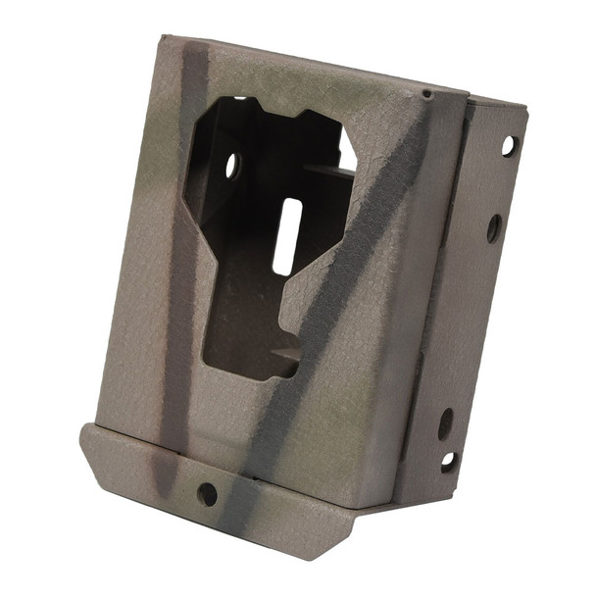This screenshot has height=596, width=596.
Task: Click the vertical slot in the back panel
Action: point(283,235)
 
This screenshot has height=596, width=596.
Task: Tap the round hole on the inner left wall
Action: point(232,166)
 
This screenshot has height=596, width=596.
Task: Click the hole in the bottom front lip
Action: point(207,494)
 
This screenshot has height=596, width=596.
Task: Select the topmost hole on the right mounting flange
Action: point(508,145)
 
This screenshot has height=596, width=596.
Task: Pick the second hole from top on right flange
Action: point(494,227)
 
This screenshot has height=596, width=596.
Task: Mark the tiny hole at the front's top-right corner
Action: point(426,94)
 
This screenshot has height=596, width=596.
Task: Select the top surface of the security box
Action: point(314,64)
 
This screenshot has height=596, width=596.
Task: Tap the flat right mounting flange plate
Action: point(485,294)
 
